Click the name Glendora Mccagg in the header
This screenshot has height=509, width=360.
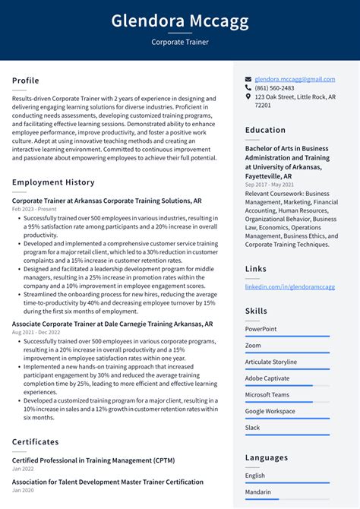click(x=180, y=21)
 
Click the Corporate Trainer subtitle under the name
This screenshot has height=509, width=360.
click(x=180, y=43)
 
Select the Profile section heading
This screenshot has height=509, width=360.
click(x=26, y=81)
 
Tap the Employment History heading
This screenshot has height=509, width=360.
click(x=53, y=182)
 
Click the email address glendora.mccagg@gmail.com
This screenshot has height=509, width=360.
click(x=295, y=79)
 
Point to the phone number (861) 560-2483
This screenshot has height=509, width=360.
click(x=274, y=88)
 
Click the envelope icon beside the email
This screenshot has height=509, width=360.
click(x=248, y=79)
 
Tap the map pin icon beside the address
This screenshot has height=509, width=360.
click(x=248, y=97)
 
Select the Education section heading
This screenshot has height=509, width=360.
click(x=265, y=130)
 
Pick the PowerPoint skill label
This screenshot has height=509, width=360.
click(x=261, y=329)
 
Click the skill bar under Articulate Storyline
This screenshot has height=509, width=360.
click(x=287, y=368)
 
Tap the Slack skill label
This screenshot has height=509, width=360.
click(x=253, y=428)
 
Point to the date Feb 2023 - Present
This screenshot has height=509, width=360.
click(x=34, y=209)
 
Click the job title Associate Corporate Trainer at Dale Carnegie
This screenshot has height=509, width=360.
click(x=112, y=324)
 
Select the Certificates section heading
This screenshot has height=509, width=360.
click(x=35, y=441)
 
